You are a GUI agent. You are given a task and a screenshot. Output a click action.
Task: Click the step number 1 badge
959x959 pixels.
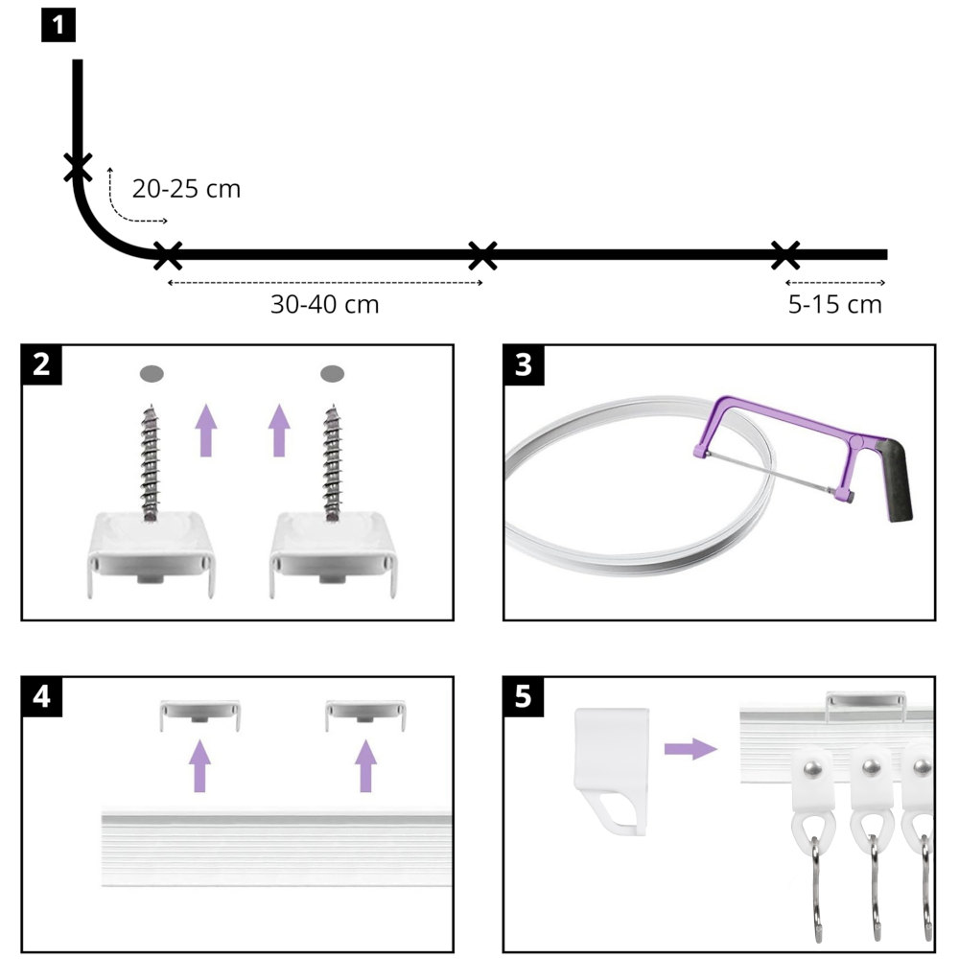tap(58, 23)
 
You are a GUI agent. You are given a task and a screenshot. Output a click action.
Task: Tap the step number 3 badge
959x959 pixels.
tap(523, 365)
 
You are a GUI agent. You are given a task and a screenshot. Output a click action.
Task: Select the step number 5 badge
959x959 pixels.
tap(523, 697)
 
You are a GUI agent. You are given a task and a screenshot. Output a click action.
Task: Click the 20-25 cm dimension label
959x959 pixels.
tap(186, 189)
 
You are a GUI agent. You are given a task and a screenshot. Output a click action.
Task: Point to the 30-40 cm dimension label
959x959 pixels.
tap(324, 305)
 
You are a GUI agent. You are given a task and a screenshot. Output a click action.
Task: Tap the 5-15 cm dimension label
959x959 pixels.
tap(833, 305)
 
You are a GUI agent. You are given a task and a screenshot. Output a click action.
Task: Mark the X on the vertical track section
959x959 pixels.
tap(78, 168)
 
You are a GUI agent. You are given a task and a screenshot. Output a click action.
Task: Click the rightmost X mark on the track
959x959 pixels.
tap(785, 255)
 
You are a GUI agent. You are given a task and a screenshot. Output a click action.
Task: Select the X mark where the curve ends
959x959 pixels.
tap(167, 255)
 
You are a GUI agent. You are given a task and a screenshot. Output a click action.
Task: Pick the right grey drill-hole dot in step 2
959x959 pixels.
tap(333, 372)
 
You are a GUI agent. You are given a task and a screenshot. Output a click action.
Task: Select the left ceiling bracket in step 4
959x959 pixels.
tap(199, 713)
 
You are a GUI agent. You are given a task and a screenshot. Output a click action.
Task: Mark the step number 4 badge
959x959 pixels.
tap(42, 697)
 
